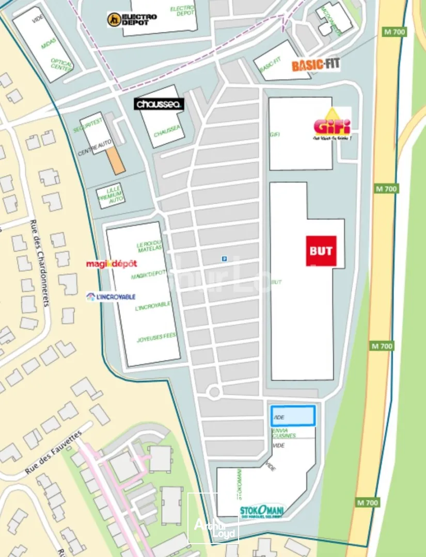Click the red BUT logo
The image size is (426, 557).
pyautogui.click(x=321, y=251)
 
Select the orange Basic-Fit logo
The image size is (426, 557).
pyautogui.click(x=316, y=65)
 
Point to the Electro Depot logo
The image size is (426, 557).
pyautogui.click(x=132, y=20)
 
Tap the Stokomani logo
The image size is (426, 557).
pyautogui.click(x=262, y=512)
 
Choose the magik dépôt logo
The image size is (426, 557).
pyautogui.click(x=112, y=264)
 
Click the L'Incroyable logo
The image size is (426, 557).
pyautogui.click(x=111, y=297)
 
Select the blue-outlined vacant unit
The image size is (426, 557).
pyautogui.click(x=293, y=416)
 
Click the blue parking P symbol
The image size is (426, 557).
pyautogui.click(x=224, y=259)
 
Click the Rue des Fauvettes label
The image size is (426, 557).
pyautogui.click(x=54, y=452)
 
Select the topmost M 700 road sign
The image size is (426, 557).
pyautogui.click(x=395, y=32)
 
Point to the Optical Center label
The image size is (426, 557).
pyautogui.click(x=61, y=64)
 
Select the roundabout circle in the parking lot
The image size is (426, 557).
pyautogui.click(x=214, y=392)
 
